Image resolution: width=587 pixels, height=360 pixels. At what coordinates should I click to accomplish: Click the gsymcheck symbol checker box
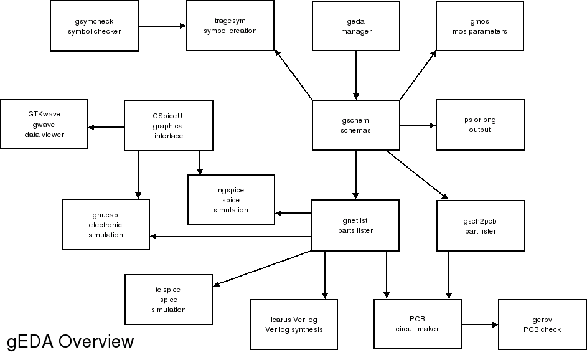(94, 26)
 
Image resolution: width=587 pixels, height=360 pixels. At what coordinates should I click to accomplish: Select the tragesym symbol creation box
(230, 26)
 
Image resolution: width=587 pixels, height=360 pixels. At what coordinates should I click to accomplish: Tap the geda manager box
(355, 26)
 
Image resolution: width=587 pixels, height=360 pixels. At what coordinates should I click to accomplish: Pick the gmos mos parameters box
(480, 26)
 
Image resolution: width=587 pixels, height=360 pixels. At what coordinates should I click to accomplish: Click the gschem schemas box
(355, 125)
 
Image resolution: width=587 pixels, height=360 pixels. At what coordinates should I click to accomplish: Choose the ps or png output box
(480, 125)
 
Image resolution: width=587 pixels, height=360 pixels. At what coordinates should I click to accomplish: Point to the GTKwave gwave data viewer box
(44, 125)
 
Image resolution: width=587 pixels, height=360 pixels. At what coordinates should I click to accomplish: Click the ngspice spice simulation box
(231, 200)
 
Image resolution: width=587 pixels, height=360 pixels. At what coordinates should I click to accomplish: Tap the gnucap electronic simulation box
(106, 225)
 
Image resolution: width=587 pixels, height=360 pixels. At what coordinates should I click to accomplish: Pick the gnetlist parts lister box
(355, 225)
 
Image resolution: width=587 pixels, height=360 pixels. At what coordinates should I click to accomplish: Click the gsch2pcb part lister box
(480, 225)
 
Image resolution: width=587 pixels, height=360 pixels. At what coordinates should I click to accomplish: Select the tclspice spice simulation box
(169, 300)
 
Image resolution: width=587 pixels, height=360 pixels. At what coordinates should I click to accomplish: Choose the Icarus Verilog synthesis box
(294, 324)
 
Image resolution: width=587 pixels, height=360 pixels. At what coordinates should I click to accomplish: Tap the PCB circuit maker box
(417, 324)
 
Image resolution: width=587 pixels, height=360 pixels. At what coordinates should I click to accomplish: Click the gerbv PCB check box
(542, 324)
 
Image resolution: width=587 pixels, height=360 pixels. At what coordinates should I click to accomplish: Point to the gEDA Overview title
(70, 342)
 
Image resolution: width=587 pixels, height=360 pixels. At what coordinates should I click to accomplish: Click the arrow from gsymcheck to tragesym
(162, 26)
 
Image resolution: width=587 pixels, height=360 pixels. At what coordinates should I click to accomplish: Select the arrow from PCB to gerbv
(479, 324)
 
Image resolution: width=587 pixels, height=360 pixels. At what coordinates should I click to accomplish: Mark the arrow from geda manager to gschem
(355, 75)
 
